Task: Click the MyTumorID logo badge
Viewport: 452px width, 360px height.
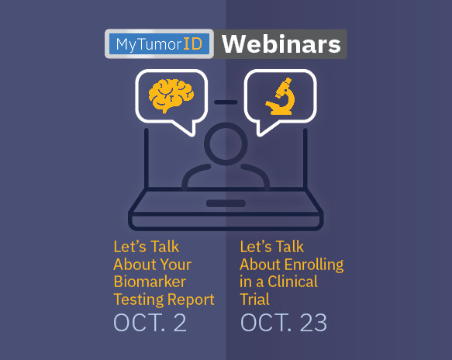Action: [159, 44]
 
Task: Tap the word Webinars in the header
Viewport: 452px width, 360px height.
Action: [281, 44]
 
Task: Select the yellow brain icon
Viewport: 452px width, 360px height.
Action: [171, 95]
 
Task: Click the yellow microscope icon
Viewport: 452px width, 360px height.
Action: [280, 96]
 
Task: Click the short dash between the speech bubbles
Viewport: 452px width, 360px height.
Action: [226, 102]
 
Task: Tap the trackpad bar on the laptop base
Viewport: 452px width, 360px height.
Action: [226, 203]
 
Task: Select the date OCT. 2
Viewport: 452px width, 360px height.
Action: [150, 323]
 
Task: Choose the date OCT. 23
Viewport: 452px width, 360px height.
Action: [284, 323]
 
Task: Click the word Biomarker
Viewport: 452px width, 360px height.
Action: [150, 282]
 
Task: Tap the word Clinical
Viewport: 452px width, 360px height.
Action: [292, 282]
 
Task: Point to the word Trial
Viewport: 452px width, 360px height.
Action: [255, 299]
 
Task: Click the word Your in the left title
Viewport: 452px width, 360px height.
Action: [175, 265]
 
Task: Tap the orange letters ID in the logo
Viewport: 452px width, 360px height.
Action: [192, 44]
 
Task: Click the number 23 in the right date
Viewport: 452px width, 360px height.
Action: [313, 323]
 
